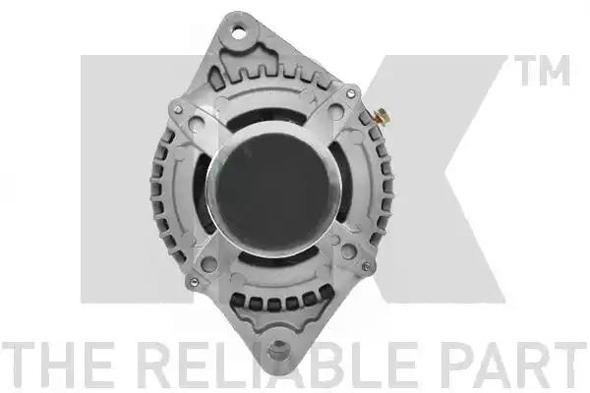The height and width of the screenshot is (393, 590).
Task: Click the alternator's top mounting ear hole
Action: point(238,32)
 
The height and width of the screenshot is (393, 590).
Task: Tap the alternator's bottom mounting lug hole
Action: point(279,350)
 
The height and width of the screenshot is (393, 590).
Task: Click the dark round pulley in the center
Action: point(273,194)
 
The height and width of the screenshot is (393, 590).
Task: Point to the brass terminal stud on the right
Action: point(383,116)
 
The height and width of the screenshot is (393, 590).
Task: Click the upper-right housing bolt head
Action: point(351,93)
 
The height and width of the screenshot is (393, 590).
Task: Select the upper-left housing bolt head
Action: point(178,109)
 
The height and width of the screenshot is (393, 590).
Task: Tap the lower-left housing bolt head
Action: point(193,282)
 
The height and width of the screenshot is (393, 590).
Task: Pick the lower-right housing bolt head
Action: point(366,266)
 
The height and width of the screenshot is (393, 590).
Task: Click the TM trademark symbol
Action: point(542,71)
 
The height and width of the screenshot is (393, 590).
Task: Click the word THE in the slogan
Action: point(58,365)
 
